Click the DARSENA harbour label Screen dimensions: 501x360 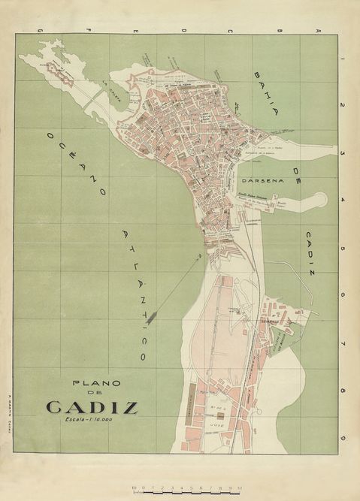[263, 180]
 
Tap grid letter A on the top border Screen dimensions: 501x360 [318, 30]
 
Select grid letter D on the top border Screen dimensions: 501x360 [182, 30]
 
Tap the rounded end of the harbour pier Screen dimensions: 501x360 [321, 200]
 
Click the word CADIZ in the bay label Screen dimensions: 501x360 [310, 252]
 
